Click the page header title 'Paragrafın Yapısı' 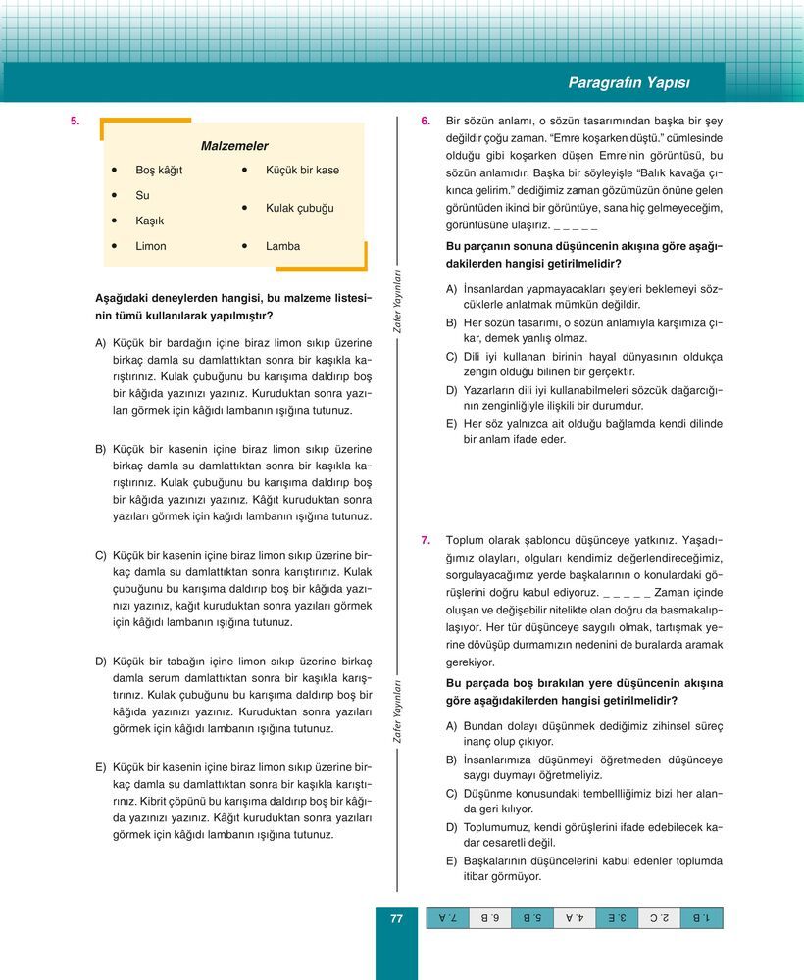[643, 83]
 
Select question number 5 [74, 121]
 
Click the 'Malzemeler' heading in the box [234, 146]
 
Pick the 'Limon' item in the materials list [151, 246]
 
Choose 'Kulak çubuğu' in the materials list [300, 209]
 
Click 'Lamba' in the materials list [282, 246]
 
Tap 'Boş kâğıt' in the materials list [159, 171]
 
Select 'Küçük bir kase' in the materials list [302, 171]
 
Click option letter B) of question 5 [101, 448]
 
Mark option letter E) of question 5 [101, 766]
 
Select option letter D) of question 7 [452, 827]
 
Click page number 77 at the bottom [397, 918]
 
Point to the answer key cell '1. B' [702, 918]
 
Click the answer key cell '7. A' [447, 918]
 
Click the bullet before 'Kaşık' [115, 221]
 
